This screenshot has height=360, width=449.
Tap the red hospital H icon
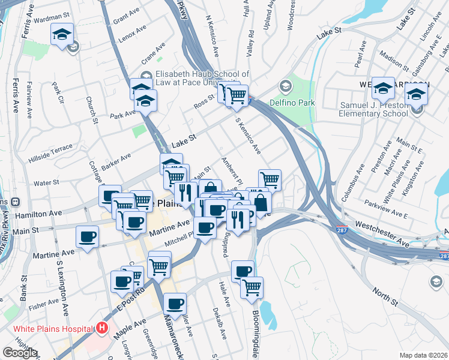coord(103,328)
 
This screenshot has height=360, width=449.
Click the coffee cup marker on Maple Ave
coord(175,304)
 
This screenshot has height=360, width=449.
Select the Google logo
coord(20,353)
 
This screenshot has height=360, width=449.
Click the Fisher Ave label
coord(43,307)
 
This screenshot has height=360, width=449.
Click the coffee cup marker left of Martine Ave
coord(88,236)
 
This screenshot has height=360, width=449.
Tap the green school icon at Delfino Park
coord(286,88)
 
